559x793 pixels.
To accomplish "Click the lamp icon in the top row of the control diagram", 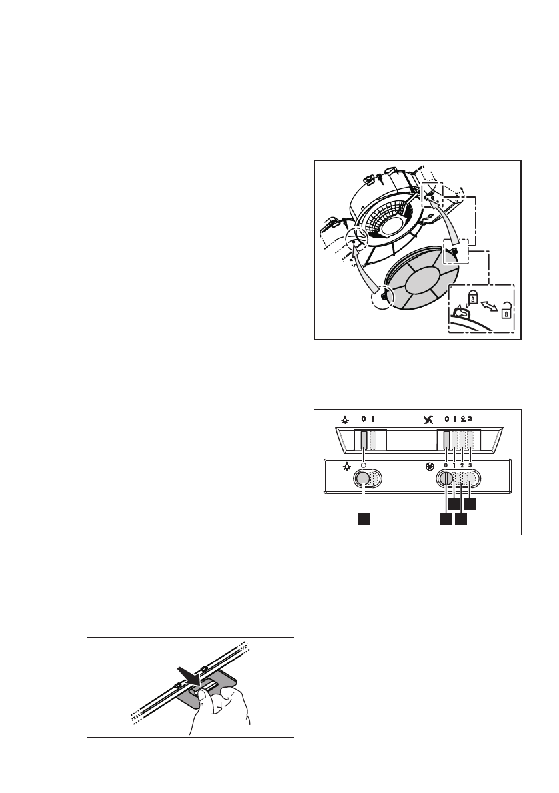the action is pos(345,420).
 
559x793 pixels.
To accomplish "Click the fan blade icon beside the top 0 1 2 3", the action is pos(429,420).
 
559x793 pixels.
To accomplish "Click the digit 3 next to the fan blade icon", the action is pos(470,419).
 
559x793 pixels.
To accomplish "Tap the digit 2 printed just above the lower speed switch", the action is pos(462,465).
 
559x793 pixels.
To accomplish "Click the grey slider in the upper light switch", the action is pos(364,440).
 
